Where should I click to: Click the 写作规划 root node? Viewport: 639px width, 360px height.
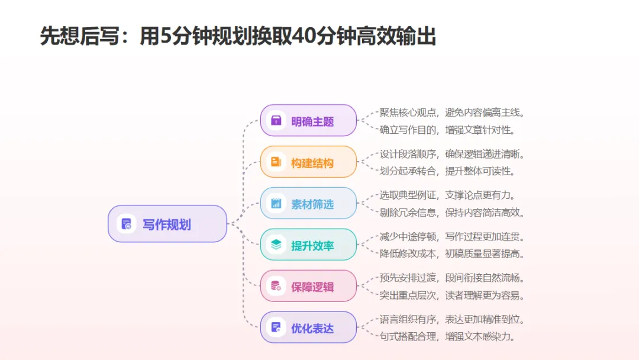pos(167,224)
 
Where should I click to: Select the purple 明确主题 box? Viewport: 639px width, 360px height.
pos(308,121)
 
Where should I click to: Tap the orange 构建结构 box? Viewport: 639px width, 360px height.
pos(308,162)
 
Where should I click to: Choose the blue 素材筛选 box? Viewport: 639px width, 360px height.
pos(308,204)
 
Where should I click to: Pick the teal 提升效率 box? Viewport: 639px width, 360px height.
pos(308,245)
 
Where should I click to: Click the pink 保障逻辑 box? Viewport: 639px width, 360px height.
pos(308,287)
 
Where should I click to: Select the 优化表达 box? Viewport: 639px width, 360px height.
pos(308,327)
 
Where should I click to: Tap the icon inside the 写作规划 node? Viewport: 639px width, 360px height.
pos(126,224)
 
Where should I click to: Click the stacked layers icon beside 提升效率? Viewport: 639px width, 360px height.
pos(276,245)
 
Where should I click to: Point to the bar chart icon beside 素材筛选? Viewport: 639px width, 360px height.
pos(276,204)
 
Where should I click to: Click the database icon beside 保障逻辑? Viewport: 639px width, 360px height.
pos(276,287)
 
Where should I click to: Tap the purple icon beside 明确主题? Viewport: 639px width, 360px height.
pos(276,121)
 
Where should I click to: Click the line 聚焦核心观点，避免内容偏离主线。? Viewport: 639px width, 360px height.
pos(452,112)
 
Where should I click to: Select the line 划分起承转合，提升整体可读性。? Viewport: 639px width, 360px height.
pos(447,171)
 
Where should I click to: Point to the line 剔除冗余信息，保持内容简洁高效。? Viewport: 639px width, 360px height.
pos(452,213)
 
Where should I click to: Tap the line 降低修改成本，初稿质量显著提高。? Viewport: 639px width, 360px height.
pos(452,254)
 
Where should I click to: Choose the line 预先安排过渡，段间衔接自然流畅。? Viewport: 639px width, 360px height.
pos(452,278)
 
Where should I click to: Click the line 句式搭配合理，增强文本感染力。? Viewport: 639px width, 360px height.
pos(447,337)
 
